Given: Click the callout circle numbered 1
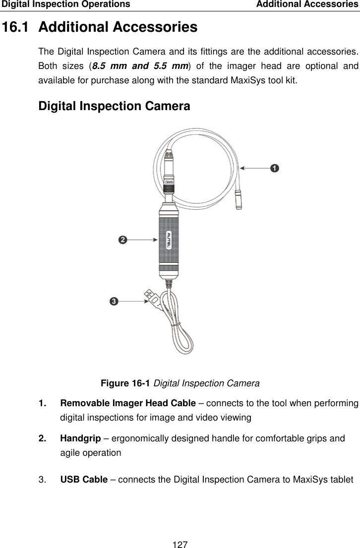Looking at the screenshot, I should pyautogui.click(x=274, y=168).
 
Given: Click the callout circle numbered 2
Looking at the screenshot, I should pyautogui.click(x=122, y=240).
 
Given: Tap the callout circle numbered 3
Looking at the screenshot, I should pyautogui.click(x=114, y=301).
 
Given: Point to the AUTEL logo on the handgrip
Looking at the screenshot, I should pyautogui.click(x=169, y=239).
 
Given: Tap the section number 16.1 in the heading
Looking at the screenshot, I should pyautogui.click(x=18, y=27).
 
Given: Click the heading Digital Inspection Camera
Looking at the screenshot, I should pyautogui.click(x=114, y=106).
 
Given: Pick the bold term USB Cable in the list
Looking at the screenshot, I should pyautogui.click(x=84, y=480).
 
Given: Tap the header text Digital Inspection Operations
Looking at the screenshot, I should pyautogui.click(x=65, y=4).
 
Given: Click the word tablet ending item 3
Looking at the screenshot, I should pyautogui.click(x=341, y=480).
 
